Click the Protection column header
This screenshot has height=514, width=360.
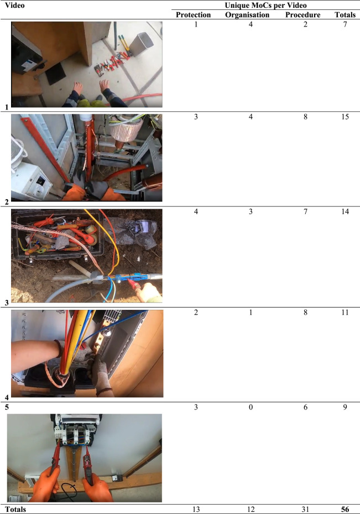[193, 15]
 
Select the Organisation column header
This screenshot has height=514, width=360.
[247, 15]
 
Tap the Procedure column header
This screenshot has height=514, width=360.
[302, 15]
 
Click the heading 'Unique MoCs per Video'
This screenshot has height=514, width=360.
[265, 5]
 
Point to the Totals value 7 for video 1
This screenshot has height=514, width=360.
[345, 24]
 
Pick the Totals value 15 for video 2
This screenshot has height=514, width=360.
[345, 117]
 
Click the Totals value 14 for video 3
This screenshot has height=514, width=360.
[345, 211]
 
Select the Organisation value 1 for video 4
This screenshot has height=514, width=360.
[251, 312]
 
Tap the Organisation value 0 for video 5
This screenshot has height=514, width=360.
[251, 407]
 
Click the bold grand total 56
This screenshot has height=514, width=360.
[345, 509]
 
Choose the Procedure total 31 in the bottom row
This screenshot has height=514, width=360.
[305, 509]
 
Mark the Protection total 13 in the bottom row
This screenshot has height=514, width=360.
[196, 509]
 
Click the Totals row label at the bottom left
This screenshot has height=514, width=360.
[15, 509]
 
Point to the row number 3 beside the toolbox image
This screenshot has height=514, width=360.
[7, 303]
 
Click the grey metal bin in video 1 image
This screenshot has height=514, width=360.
[142, 44]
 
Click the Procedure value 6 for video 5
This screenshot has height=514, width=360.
[305, 407]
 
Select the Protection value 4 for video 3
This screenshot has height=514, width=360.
[196, 211]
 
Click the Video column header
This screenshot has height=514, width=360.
[15, 5]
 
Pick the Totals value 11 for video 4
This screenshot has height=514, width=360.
[345, 312]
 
